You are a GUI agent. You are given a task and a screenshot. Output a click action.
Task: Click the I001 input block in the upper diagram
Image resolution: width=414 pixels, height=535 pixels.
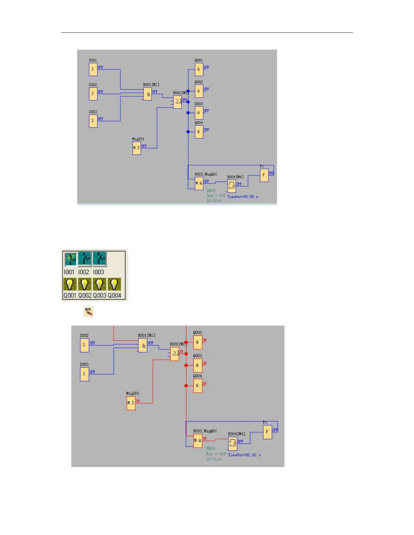(x=93, y=69)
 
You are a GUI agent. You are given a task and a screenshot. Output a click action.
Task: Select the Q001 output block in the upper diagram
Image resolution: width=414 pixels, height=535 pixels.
(x=199, y=69)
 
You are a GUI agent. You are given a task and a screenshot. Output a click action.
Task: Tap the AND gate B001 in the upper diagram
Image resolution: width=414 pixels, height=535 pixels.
(x=147, y=94)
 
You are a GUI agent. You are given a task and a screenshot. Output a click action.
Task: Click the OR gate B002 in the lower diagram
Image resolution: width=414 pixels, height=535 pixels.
(x=175, y=354)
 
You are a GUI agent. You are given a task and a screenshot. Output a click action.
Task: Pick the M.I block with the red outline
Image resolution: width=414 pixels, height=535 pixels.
(x=131, y=403)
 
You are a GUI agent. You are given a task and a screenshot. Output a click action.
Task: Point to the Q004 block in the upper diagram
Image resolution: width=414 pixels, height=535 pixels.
(x=199, y=131)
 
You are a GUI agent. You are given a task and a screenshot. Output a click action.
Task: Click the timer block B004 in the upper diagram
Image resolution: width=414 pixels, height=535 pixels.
(x=232, y=186)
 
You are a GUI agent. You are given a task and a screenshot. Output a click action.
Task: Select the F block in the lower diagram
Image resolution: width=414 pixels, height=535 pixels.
(x=267, y=432)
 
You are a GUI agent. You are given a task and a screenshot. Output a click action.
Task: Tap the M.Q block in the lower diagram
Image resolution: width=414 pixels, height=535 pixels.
(x=198, y=441)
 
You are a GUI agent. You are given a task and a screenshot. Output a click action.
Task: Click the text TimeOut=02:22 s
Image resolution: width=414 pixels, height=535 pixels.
(x=244, y=455)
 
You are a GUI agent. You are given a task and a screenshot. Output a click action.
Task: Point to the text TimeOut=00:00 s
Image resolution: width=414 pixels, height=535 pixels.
(x=243, y=197)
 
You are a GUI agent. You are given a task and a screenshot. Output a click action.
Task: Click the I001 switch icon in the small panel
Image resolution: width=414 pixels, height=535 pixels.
(x=71, y=260)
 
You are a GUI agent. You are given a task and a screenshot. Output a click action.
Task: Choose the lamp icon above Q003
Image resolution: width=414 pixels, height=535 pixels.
(x=99, y=284)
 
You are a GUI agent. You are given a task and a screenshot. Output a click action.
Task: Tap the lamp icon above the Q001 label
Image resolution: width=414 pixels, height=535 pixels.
(x=70, y=284)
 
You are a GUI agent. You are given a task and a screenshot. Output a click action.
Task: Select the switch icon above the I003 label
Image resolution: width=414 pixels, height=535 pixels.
(x=100, y=260)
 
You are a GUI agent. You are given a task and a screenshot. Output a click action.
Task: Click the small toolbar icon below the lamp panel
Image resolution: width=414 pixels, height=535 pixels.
(x=88, y=311)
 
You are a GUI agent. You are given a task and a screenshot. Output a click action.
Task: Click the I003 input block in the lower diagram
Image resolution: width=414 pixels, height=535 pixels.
(x=84, y=374)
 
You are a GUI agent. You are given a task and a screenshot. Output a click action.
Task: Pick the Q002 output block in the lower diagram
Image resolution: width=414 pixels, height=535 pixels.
(x=198, y=342)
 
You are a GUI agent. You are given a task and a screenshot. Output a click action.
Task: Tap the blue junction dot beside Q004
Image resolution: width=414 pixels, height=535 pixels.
(x=188, y=132)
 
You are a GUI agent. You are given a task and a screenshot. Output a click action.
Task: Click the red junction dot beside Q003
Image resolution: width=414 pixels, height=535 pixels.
(x=186, y=365)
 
